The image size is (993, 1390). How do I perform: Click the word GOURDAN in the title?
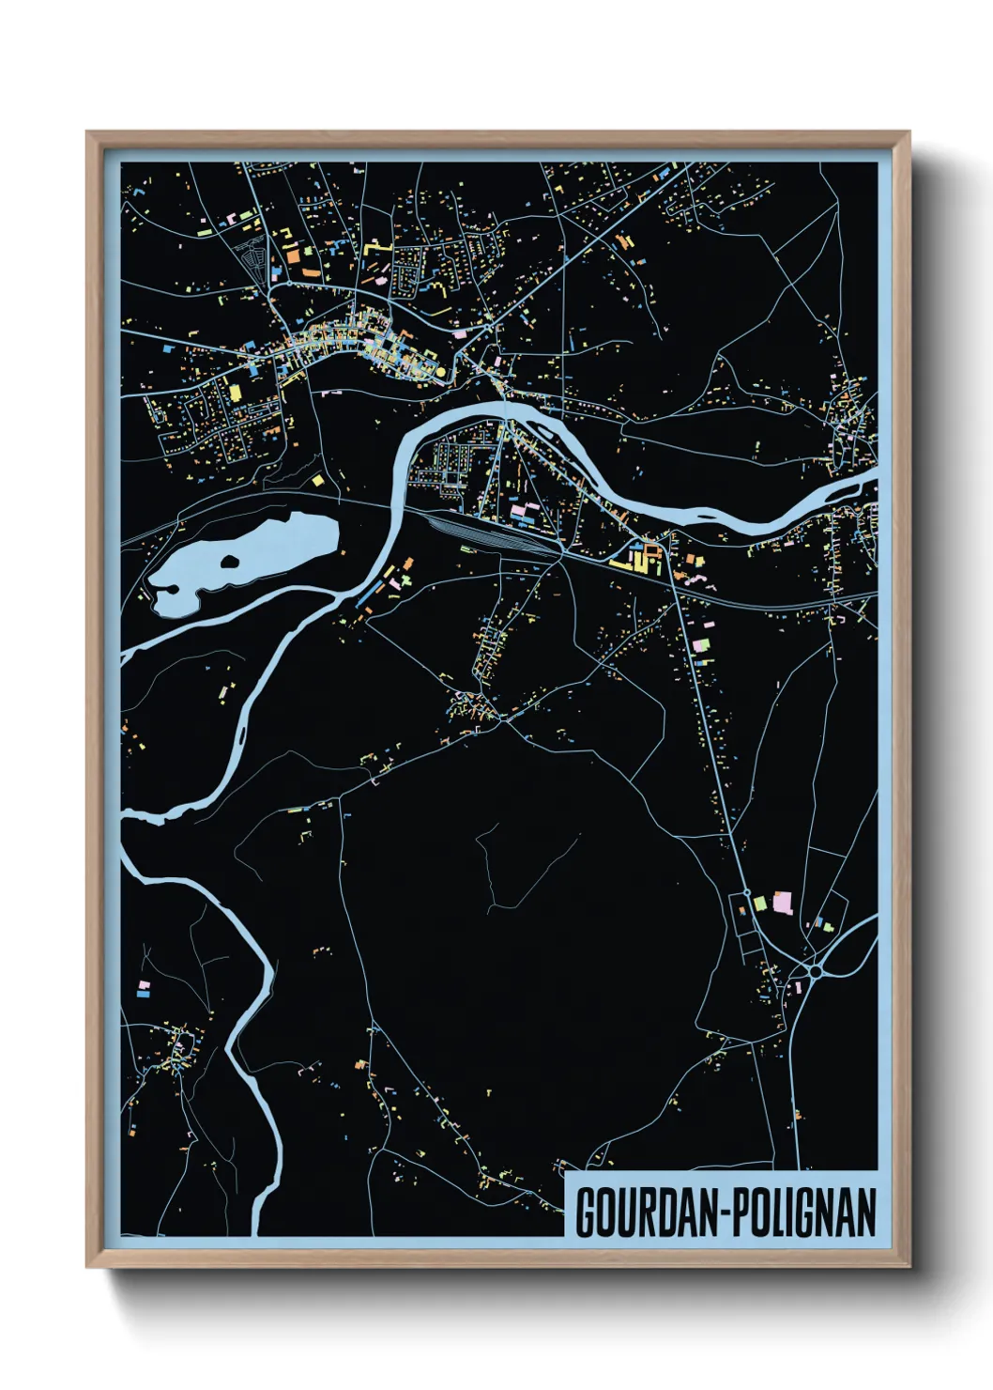click(647, 1212)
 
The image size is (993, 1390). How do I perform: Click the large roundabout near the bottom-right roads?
click(815, 971)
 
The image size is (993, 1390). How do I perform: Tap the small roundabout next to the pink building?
click(747, 892)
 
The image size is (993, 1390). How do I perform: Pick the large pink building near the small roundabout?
click(782, 903)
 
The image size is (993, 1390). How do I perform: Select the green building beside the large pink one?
click(760, 903)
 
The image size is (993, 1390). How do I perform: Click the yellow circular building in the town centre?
click(440, 372)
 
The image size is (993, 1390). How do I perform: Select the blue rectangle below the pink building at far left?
click(143, 993)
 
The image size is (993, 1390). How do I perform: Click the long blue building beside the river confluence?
click(370, 592)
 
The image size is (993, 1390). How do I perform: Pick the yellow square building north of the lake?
click(317, 480)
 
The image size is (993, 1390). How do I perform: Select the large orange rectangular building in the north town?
click(292, 252)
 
